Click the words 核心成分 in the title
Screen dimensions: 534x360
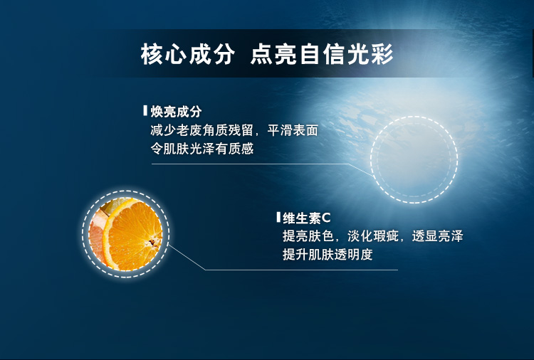(188, 54)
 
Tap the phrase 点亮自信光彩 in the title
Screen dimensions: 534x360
(322, 54)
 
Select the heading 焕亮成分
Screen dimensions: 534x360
(176, 112)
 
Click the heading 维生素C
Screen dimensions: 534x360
(306, 218)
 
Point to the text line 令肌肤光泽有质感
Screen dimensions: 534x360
(202, 149)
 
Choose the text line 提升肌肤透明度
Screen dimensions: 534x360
(328, 255)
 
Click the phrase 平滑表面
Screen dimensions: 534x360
(293, 130)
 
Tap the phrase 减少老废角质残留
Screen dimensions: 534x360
(202, 130)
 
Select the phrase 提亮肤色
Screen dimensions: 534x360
(308, 236)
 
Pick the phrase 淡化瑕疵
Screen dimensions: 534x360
(373, 236)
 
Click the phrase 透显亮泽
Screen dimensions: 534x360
(438, 236)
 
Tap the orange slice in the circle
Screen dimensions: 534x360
(133, 235)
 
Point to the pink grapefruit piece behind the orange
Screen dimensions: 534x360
(96, 235)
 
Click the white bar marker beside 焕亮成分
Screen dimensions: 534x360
(145, 111)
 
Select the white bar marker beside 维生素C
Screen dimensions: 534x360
(278, 217)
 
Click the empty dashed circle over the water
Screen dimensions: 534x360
(414, 117)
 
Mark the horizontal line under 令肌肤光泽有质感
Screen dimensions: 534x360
(250, 164)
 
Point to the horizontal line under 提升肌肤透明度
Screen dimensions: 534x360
(301, 270)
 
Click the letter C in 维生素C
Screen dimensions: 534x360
(326, 218)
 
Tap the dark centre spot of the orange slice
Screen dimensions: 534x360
(152, 243)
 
